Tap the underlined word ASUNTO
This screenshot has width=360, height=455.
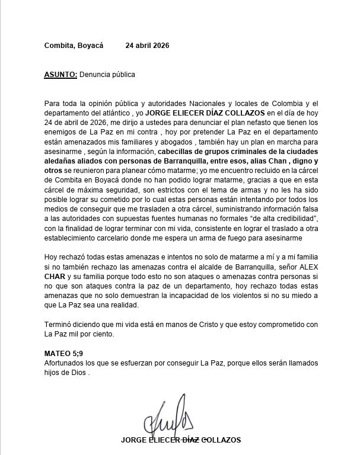[60, 75]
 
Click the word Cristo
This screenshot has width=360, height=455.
[199, 325]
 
